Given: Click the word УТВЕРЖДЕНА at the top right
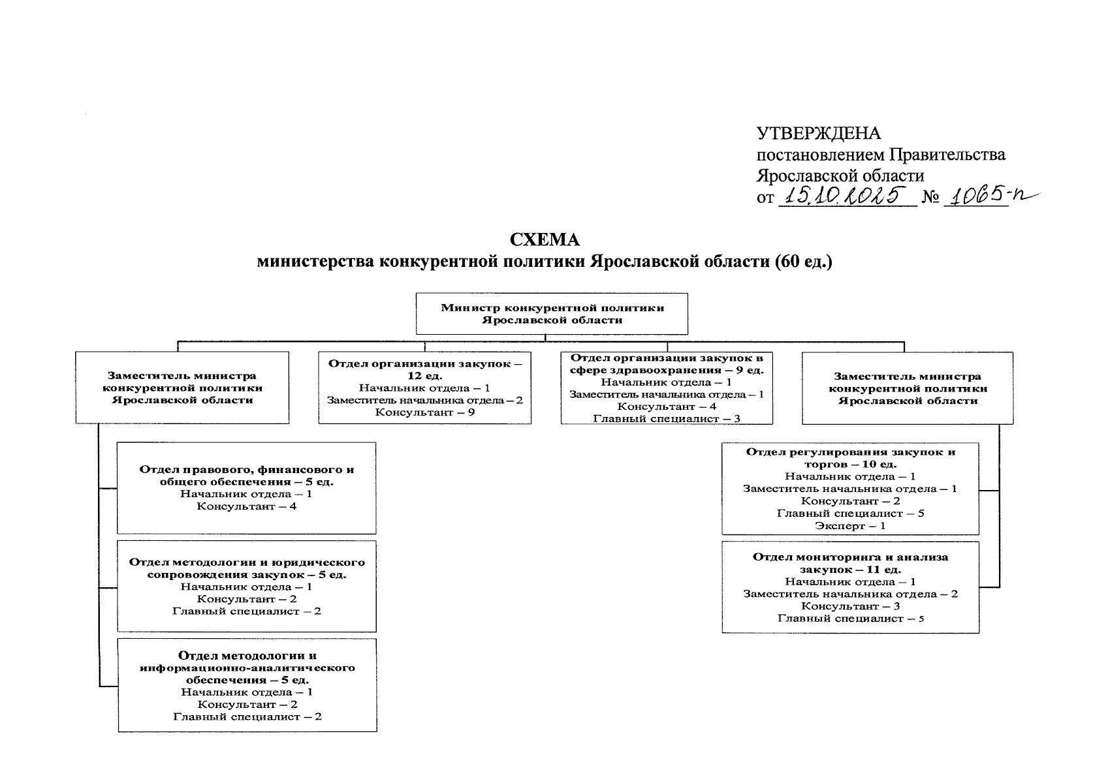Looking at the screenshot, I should click(819, 134).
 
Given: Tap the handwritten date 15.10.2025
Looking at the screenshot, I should click(847, 194).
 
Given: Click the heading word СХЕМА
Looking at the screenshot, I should click(545, 240).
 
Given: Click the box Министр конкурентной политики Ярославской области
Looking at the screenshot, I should click(552, 314).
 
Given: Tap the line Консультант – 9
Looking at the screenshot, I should click(424, 412).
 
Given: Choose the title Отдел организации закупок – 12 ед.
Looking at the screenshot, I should click(425, 369).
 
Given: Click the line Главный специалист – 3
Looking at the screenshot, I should click(666, 418).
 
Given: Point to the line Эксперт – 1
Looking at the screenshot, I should click(850, 526).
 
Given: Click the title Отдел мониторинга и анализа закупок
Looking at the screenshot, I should click(850, 563).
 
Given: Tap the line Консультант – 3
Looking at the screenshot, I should click(850, 606).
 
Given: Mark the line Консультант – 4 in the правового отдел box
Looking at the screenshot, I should click(246, 506).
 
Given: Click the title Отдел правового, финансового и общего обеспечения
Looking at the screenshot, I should click(246, 476).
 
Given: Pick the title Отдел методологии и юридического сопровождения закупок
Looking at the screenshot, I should click(246, 568).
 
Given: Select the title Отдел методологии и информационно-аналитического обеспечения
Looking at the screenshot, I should click(247, 668).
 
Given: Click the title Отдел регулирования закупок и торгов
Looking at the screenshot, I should click(850, 457).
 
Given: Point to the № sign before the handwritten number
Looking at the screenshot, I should click(930, 196).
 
